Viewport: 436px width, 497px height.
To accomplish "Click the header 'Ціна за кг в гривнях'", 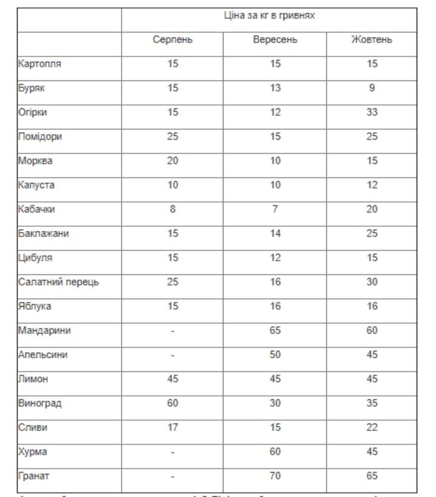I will [269, 15].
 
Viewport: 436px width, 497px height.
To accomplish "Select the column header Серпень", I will [173, 40].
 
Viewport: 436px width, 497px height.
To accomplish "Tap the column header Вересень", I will [275, 40].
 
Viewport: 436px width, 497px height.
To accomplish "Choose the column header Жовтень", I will [372, 40].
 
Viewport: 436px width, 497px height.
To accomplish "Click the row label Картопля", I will [39, 64].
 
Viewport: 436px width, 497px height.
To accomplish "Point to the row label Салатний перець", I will [58, 282].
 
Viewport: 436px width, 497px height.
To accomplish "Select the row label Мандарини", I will [44, 331].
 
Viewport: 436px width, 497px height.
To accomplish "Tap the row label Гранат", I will [33, 476].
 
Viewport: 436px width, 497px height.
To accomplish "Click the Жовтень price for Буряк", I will [372, 88].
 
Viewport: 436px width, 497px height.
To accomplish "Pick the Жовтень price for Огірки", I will [372, 112].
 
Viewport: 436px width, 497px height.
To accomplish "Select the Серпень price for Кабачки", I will [173, 209].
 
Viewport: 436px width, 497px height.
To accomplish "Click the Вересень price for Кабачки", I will [275, 209].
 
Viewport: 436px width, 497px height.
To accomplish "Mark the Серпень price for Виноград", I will [173, 403].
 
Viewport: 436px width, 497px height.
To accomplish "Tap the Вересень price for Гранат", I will [275, 476].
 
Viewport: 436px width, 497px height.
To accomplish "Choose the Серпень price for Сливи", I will [173, 427].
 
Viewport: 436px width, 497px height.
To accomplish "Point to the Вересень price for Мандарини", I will [275, 330].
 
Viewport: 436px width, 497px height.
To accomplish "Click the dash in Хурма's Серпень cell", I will [173, 452].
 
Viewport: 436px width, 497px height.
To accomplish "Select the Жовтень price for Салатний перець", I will [372, 282].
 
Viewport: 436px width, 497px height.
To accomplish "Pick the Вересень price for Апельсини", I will [275, 355].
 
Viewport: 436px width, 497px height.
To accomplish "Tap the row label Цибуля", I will [35, 258].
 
